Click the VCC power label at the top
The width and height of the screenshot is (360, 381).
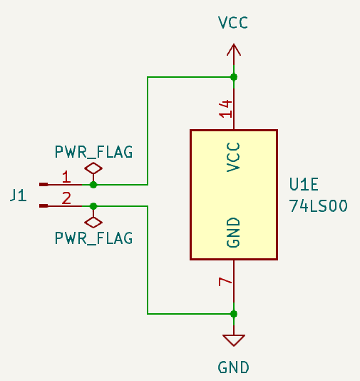click(x=233, y=23)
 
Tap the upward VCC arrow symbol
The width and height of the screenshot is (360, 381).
click(x=233, y=51)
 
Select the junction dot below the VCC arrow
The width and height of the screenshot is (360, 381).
click(x=234, y=77)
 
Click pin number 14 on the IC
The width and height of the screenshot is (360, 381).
click(x=225, y=108)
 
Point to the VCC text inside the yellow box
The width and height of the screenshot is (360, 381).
click(x=233, y=156)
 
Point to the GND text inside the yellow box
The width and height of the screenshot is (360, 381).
click(x=233, y=233)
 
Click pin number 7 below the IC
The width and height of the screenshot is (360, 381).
click(x=225, y=283)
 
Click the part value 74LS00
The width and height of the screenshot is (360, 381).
click(x=318, y=206)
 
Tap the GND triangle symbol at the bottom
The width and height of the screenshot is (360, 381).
click(x=234, y=340)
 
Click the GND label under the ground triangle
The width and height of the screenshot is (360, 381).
click(x=234, y=367)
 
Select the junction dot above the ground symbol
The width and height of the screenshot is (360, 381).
click(x=234, y=313)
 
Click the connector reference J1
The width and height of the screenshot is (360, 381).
click(x=19, y=195)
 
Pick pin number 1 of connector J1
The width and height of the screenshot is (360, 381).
click(x=66, y=176)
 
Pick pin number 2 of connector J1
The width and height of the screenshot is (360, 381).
click(x=66, y=198)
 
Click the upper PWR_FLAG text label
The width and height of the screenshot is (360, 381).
click(x=93, y=152)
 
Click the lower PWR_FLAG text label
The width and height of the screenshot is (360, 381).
click(x=93, y=238)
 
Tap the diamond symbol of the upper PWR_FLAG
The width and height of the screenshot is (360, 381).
click(x=93, y=169)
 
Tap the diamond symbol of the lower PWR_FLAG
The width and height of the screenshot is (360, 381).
click(x=93, y=220)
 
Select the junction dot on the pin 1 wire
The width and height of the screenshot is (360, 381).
click(x=93, y=184)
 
